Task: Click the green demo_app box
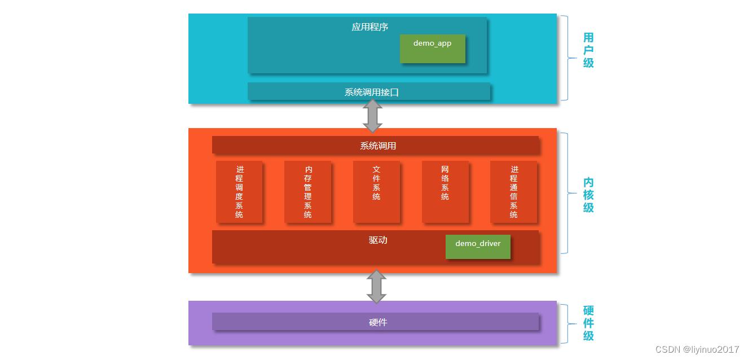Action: coord(433,49)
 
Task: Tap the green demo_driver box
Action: coord(478,247)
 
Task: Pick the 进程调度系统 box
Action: coord(239,192)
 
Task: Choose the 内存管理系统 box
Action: coord(308,192)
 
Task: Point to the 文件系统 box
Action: coord(376,192)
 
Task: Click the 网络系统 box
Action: coord(445,192)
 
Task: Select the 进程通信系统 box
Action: coord(513,192)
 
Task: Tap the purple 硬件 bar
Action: coord(376,322)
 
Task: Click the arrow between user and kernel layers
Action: coord(372,116)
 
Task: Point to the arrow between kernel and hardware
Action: coord(376,287)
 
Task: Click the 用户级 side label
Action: coord(588,50)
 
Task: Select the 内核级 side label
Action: coord(588,195)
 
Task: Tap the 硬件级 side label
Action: coord(588,323)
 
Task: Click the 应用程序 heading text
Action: coord(370,27)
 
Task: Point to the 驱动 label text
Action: coord(378,240)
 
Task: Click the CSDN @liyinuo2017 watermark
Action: coord(697,350)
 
